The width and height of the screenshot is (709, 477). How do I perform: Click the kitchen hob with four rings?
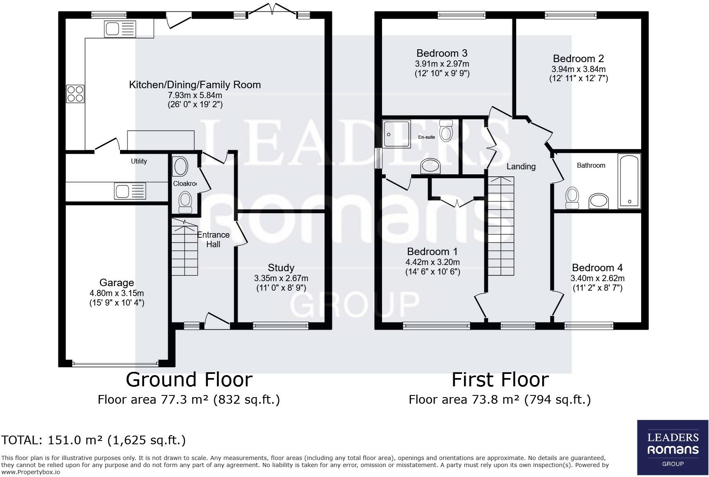75,94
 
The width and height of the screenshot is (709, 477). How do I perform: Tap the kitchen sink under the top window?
120,29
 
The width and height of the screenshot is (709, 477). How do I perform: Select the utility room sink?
130,191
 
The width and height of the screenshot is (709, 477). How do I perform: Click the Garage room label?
117,282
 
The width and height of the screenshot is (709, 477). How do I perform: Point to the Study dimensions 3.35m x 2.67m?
281,278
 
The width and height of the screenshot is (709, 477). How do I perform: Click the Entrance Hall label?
213,239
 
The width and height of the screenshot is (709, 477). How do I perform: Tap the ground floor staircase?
185,247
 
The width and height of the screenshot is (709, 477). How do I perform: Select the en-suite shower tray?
396,134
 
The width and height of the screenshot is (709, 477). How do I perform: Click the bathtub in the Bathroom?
629,181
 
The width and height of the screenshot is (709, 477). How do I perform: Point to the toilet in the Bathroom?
572,198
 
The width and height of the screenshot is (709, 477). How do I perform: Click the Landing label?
521,166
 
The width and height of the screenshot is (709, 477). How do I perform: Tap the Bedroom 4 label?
597,267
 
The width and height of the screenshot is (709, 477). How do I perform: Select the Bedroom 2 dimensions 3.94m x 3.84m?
579,69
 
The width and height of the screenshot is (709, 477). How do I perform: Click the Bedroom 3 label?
442,53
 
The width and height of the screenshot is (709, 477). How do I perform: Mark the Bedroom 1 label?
433,251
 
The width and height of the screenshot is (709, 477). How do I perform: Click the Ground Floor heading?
189,379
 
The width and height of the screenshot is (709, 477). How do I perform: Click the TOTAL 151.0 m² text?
94,440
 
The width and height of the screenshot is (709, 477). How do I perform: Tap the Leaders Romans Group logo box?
673,447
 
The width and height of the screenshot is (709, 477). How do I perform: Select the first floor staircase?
501,226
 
